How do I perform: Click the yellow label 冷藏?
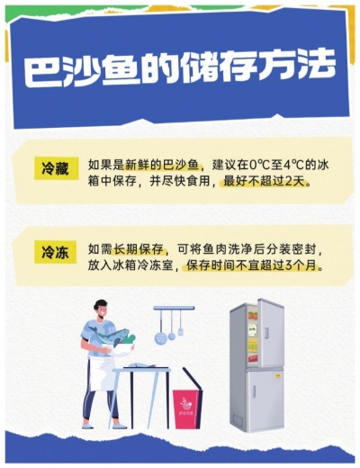pos(56,168)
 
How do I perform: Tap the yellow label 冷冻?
pos(56,252)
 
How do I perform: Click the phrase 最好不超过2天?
pos(266,182)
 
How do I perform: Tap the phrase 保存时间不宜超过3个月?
pos(255,265)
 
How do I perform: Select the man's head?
pos(100,308)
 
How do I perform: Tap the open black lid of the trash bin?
pos(193,379)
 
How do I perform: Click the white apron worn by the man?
pos(100,375)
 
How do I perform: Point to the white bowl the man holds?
pos(118,349)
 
